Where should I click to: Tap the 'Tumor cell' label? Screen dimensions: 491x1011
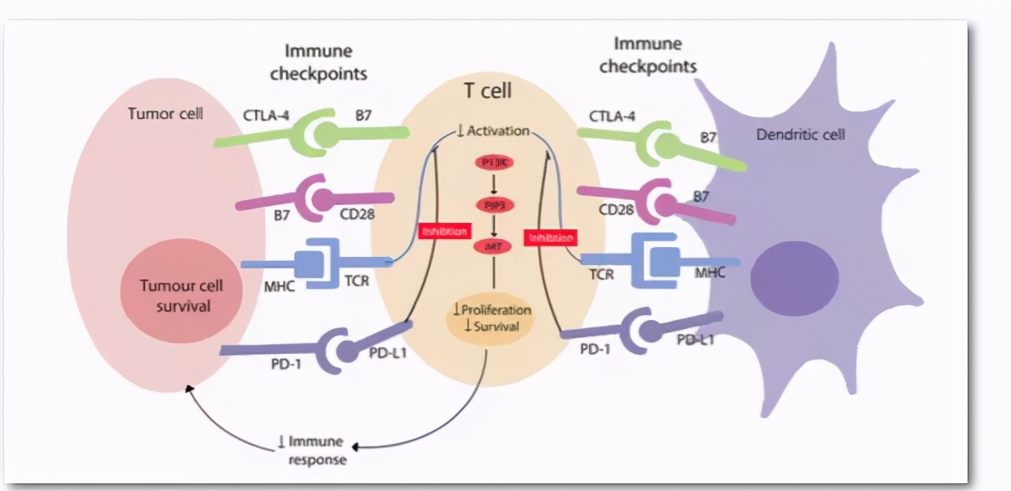(165, 113)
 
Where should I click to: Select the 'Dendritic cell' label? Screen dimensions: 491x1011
(800, 134)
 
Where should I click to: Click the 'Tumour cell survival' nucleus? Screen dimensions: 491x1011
(181, 296)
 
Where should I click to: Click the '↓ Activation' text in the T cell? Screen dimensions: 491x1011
(493, 130)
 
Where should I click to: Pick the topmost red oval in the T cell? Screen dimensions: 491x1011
(493, 163)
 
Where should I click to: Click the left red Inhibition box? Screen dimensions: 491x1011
(445, 232)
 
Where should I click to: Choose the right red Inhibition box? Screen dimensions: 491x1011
(550, 237)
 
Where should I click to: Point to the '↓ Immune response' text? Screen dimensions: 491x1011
(311, 450)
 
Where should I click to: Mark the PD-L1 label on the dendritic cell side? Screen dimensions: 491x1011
(695, 340)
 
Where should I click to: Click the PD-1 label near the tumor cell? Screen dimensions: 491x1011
(285, 363)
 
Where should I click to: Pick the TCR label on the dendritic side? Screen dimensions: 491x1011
(601, 274)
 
